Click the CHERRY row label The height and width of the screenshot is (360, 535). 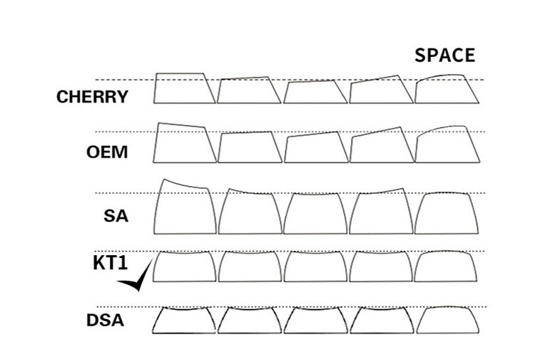(x=93, y=96)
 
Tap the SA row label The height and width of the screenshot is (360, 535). (x=116, y=215)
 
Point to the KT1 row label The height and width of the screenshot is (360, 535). (x=110, y=262)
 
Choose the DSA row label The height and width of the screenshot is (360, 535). (x=106, y=320)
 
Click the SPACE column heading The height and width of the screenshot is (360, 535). (x=444, y=56)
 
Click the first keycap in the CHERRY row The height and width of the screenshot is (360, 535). (x=184, y=88)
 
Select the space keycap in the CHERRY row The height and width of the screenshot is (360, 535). (x=447, y=89)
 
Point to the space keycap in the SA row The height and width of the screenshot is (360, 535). (x=447, y=214)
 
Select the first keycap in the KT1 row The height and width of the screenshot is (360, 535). (x=184, y=267)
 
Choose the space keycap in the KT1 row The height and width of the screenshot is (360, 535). (x=447, y=267)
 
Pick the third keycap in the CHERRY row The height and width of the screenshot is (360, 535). (x=315, y=92)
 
